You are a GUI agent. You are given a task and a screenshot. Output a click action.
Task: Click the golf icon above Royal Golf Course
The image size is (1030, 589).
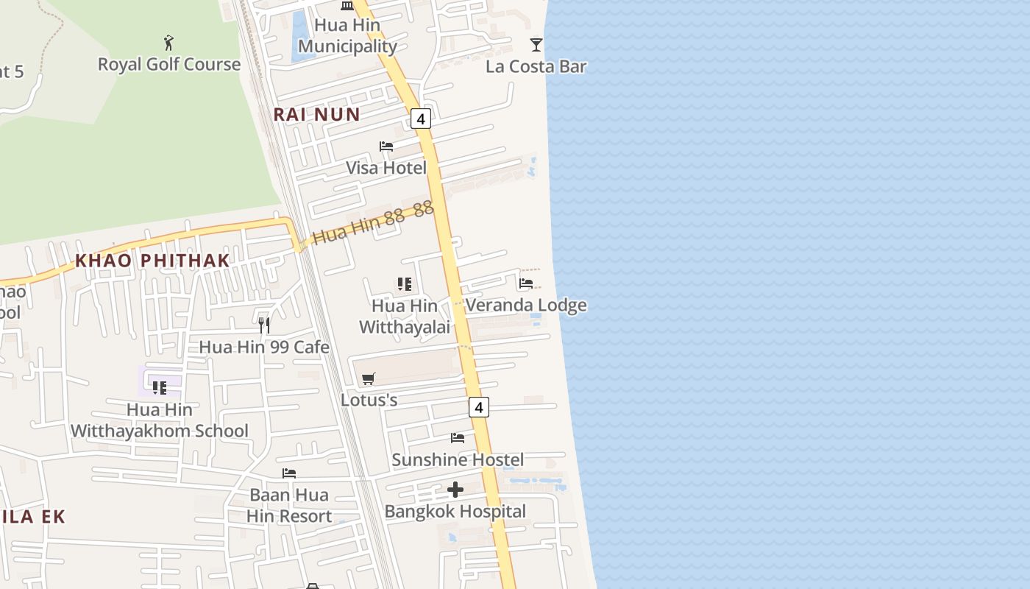click(168, 43)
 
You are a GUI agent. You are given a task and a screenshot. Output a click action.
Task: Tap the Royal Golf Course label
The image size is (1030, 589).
click(169, 65)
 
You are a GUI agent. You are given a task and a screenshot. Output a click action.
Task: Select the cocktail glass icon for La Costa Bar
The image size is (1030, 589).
click(536, 45)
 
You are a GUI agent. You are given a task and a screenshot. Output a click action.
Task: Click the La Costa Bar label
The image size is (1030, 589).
click(536, 66)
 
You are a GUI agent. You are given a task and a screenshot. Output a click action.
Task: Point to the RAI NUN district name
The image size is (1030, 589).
click(316, 114)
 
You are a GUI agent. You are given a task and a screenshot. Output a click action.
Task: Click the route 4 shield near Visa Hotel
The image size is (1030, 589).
click(421, 119)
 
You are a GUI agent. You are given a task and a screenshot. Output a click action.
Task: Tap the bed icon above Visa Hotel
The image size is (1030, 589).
click(386, 147)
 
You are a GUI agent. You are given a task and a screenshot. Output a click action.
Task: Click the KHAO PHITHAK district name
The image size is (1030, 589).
click(152, 261)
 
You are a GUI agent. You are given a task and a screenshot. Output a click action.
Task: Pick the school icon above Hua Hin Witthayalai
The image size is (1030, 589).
click(404, 284)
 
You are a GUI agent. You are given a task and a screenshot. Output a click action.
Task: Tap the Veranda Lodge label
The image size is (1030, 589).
click(526, 305)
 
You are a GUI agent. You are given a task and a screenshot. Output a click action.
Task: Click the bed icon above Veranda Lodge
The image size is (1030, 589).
click(526, 283)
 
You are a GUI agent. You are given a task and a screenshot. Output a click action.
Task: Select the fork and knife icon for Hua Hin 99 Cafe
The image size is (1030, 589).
click(264, 325)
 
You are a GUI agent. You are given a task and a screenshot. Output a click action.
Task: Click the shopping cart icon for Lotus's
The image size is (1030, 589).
click(369, 378)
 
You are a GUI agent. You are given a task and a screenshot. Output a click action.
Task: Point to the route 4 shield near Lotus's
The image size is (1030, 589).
click(479, 406)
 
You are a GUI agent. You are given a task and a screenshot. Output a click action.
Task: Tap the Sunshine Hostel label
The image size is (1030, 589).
click(458, 460)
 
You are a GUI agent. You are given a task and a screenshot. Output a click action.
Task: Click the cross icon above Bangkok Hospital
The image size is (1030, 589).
click(455, 490)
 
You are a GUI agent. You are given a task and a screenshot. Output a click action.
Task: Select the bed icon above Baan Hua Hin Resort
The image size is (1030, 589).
click(289, 473)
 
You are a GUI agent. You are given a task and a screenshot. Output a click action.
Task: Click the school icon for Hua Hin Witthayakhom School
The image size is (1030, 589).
click(160, 387)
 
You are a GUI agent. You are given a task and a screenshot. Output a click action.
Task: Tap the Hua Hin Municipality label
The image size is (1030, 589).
click(347, 35)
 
